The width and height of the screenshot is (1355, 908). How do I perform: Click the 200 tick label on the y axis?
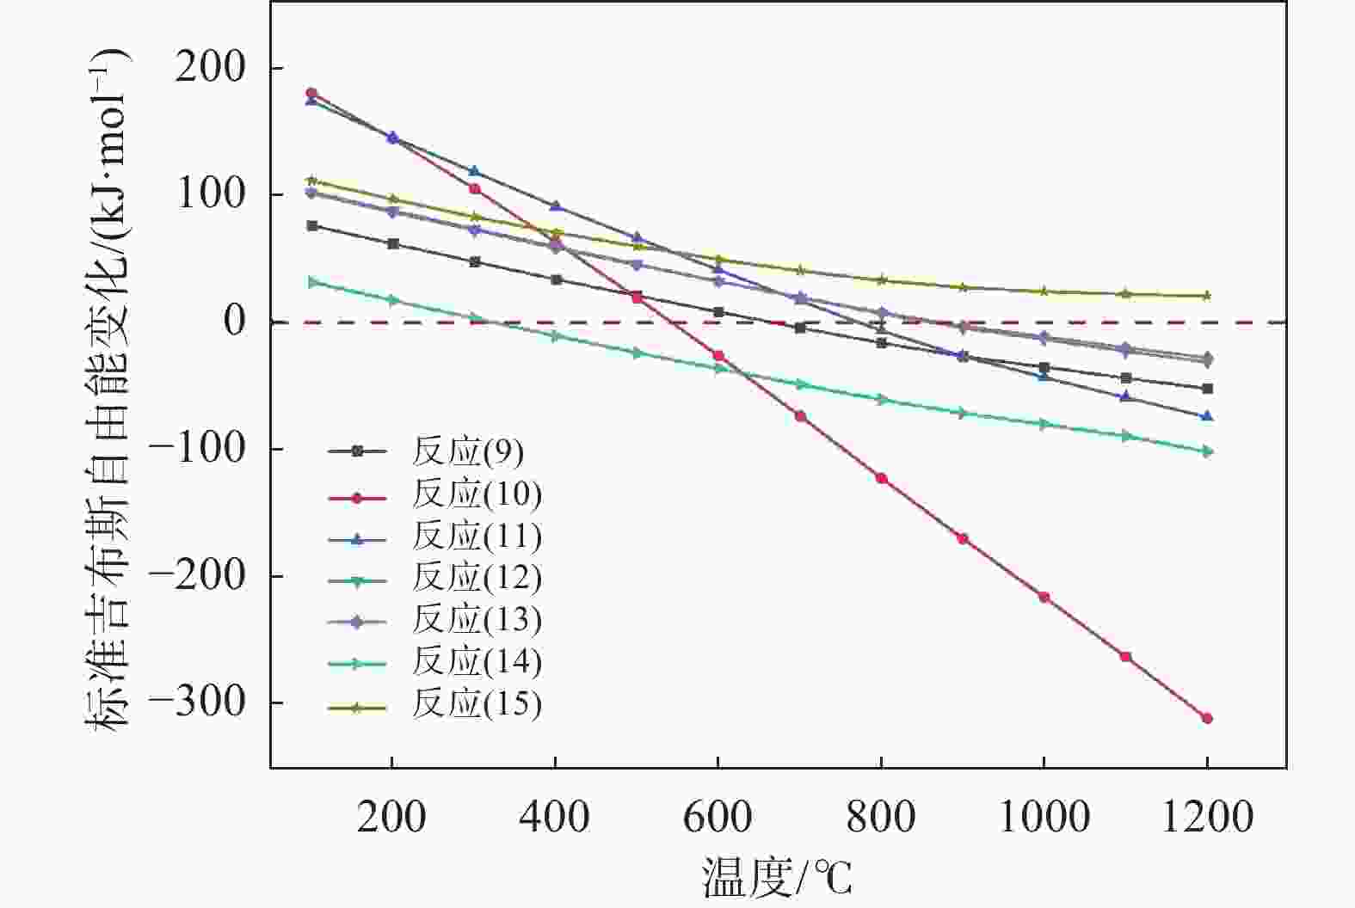point(211,68)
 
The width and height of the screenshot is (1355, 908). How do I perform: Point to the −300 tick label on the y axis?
point(199,703)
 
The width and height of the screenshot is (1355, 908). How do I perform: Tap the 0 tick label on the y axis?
point(235,322)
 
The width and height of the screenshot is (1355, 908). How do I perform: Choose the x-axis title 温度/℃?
point(777,878)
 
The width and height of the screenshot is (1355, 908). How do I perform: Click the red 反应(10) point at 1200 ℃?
point(1207,718)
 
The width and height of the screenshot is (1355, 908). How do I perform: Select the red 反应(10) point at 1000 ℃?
point(1044,597)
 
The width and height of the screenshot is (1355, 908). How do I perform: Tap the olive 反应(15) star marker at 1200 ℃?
point(1207,296)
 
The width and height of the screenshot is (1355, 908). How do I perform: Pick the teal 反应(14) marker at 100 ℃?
point(312,282)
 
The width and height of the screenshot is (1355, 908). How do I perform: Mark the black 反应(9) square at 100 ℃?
point(312,225)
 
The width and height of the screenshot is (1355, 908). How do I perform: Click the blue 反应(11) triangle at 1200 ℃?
point(1207,416)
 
